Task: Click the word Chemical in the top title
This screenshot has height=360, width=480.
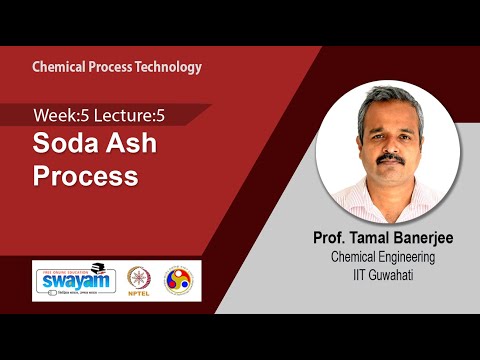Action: click(58, 67)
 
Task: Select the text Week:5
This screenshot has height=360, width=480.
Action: click(59, 115)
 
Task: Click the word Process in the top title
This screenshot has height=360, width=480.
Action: click(111, 67)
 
